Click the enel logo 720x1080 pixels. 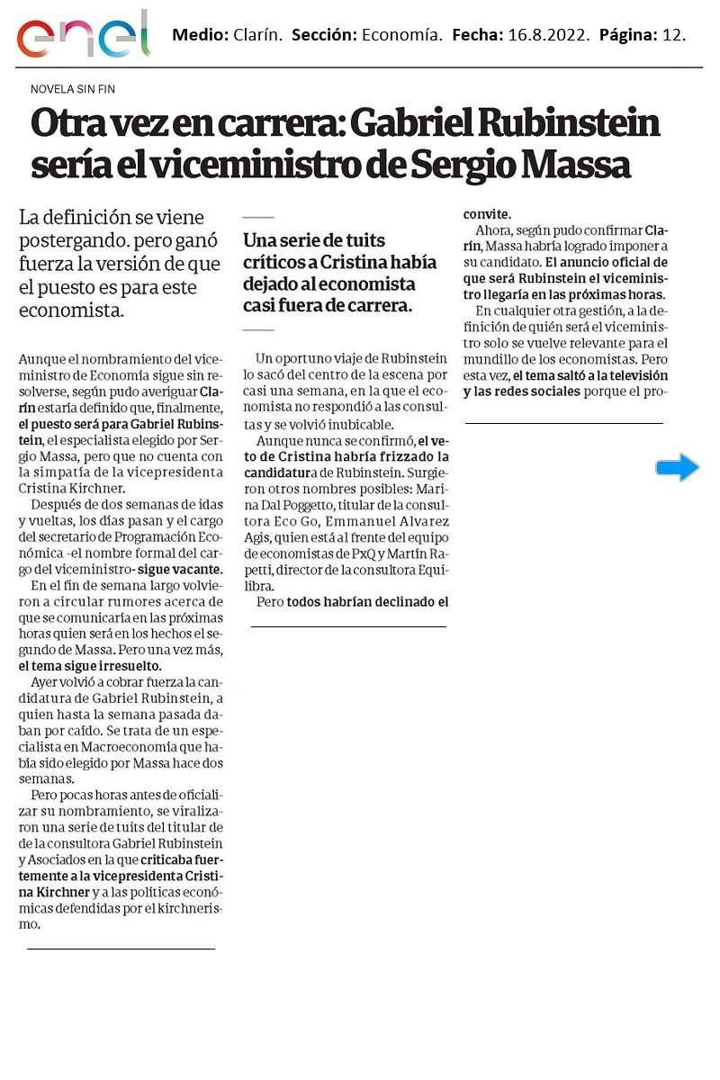[84, 37]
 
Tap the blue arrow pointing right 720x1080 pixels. [677, 467]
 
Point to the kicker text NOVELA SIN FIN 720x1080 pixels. [73, 89]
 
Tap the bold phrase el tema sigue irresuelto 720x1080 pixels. [90, 667]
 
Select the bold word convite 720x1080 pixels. [487, 214]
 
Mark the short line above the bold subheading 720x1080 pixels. [258, 218]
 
